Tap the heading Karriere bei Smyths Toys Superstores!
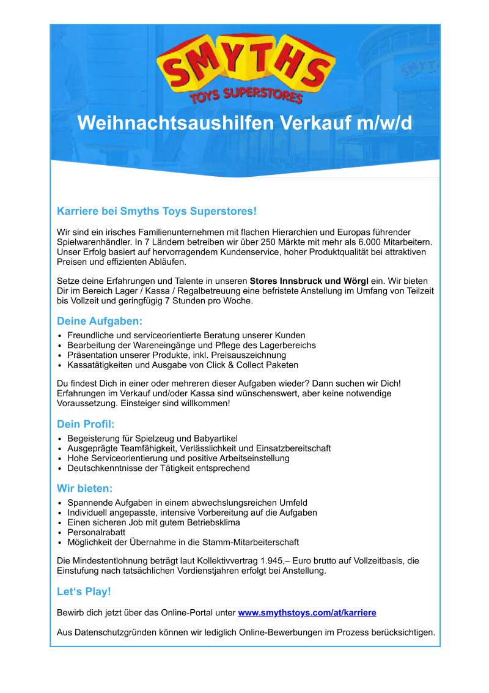click(156, 211)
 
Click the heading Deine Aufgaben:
click(100, 321)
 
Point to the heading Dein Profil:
click(86, 424)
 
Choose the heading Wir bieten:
click(85, 489)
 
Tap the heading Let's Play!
click(84, 591)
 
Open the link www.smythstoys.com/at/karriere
click(307, 612)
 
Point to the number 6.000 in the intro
click(369, 242)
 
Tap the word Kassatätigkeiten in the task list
click(100, 365)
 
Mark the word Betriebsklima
click(208, 522)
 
